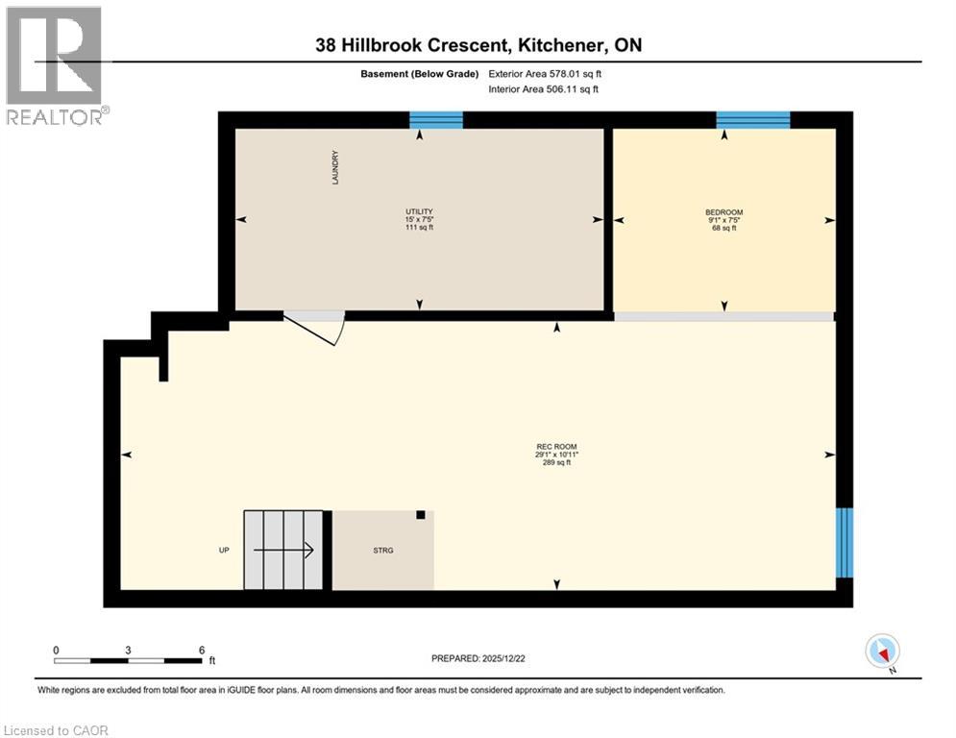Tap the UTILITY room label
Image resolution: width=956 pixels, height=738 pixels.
pos(419,211)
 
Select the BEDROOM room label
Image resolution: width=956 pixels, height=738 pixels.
pos(723,212)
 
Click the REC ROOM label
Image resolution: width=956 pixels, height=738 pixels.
pos(556,446)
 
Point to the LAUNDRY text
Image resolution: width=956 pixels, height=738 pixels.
pos(335,167)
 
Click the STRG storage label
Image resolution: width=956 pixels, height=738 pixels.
pos(384,551)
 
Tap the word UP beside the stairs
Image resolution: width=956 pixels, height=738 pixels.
pos(222,551)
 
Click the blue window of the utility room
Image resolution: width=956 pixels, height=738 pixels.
pos(436,120)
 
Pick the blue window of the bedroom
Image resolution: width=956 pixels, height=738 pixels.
pos(752,120)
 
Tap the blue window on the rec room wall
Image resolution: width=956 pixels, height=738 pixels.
pos(844,543)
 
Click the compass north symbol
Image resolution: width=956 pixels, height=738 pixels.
pos(881,652)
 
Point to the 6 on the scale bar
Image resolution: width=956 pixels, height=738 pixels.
pos(201,651)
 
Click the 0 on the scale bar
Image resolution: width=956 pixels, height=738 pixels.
pos(56,651)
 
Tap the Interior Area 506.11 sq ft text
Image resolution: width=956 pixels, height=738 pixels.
pos(543,89)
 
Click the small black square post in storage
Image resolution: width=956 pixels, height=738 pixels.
pos(420,515)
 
